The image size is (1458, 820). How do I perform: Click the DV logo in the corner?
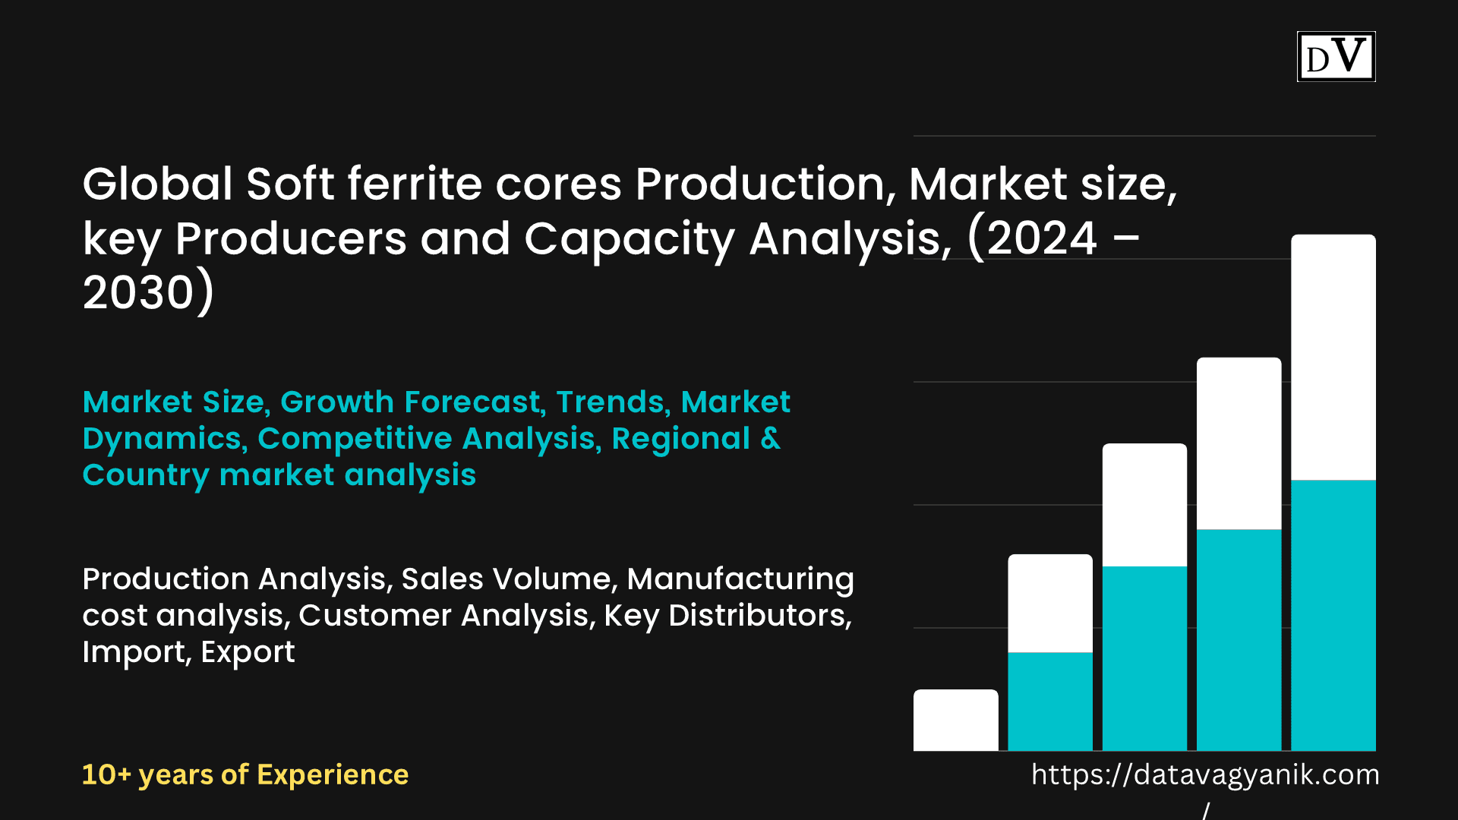[1336, 56]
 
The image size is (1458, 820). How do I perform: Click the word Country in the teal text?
[146, 475]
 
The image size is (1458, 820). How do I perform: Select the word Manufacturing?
[740, 579]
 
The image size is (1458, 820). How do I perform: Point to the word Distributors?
[760, 616]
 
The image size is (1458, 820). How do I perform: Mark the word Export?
[248, 652]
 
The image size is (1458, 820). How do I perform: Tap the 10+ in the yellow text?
[106, 774]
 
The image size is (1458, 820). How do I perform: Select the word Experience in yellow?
[333, 775]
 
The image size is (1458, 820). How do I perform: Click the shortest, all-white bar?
[956, 720]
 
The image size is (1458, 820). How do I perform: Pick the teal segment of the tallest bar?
[1333, 615]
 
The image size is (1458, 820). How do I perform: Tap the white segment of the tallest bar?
[1333, 357]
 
